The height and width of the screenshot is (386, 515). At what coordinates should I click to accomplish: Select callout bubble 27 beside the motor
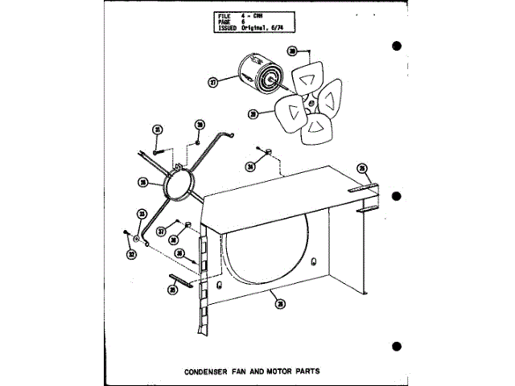pyautogui.click(x=213, y=82)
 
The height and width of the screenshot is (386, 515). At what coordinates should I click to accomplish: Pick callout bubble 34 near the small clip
pyautogui.click(x=250, y=166)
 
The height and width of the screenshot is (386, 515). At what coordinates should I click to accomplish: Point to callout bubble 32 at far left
pyautogui.click(x=131, y=254)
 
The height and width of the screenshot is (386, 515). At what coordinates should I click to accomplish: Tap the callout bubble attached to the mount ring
pyautogui.click(x=142, y=183)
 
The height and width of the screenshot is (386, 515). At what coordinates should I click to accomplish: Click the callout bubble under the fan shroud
pyautogui.click(x=278, y=303)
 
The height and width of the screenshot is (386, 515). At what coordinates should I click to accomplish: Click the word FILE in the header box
pyautogui.click(x=225, y=14)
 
